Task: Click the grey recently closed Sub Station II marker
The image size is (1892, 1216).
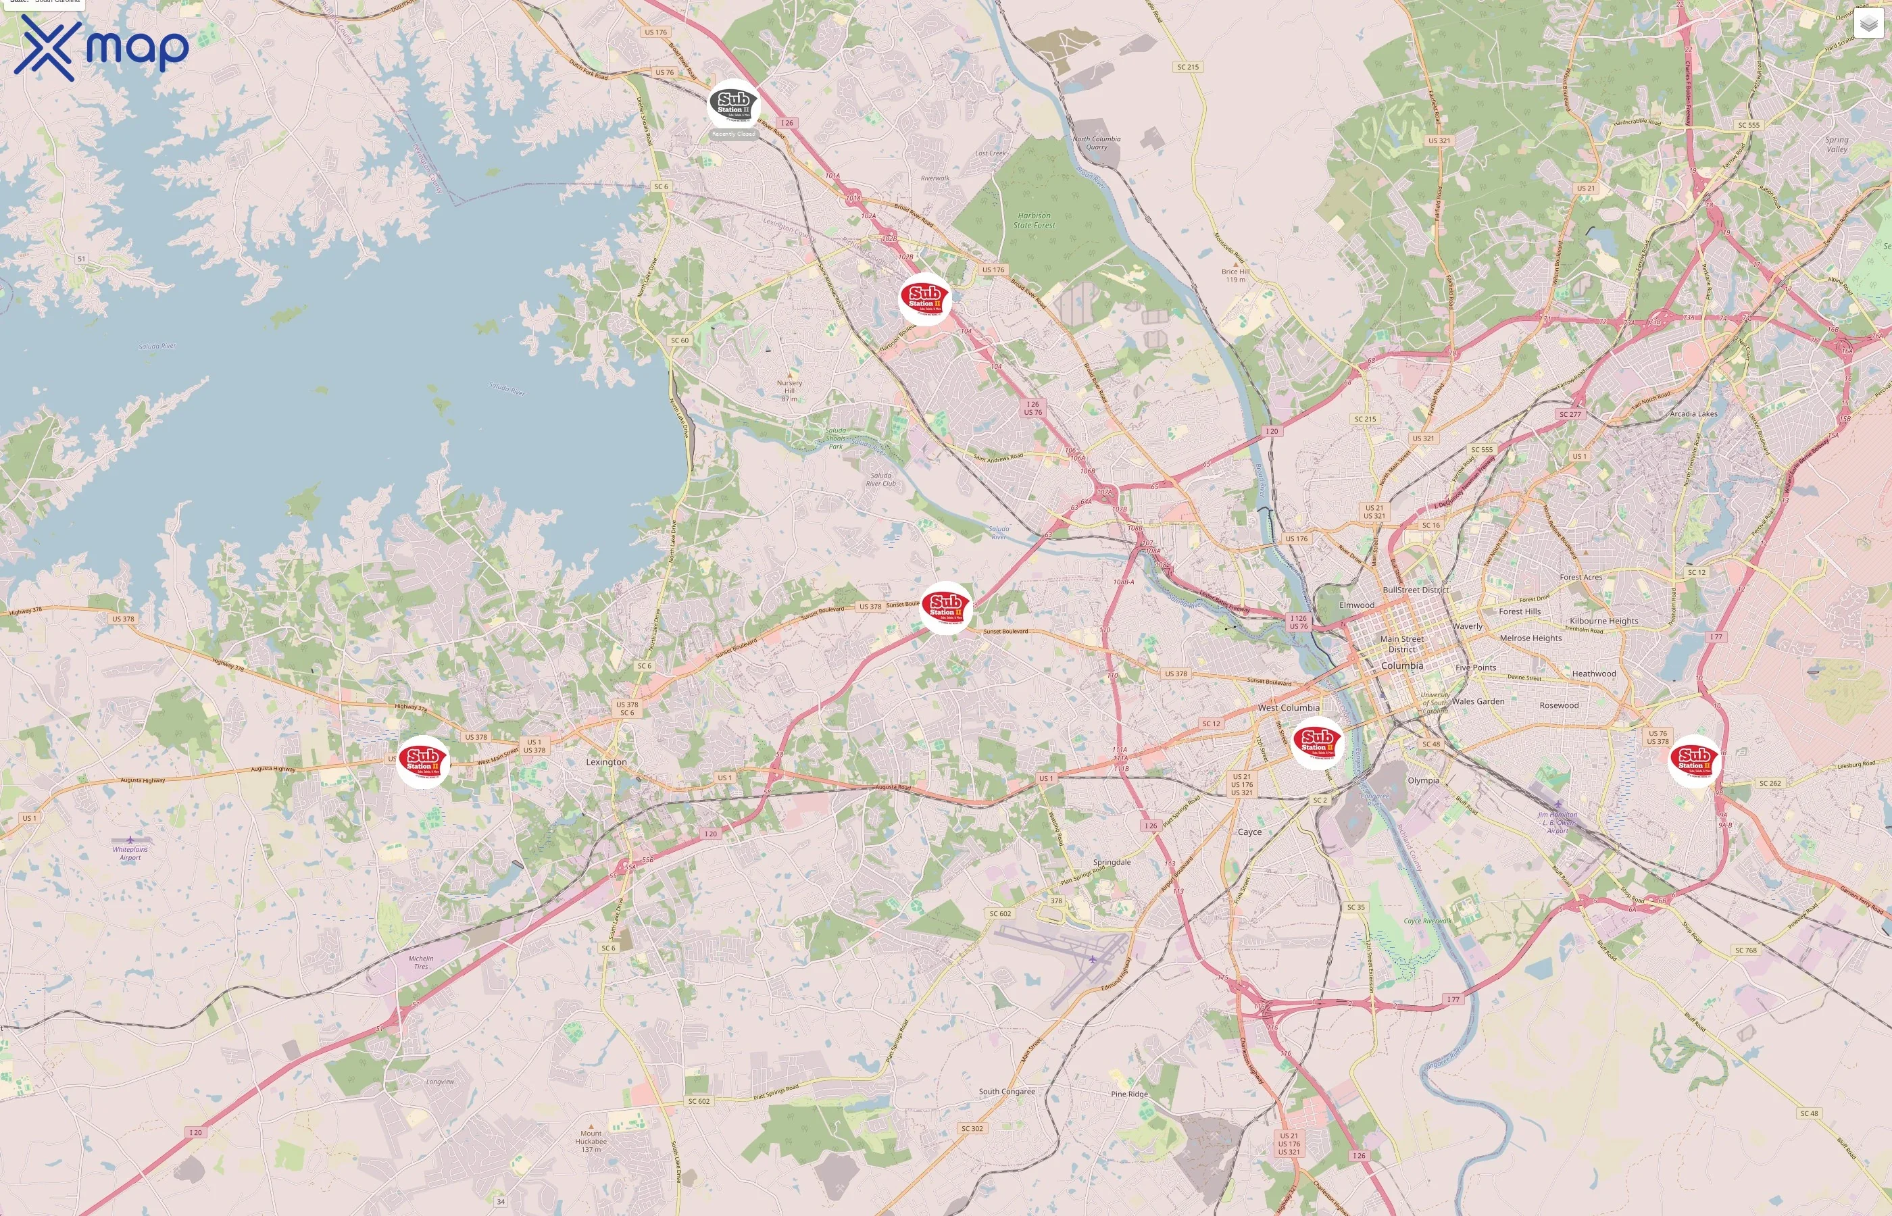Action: tap(732, 103)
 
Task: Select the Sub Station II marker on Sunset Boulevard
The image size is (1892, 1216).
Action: tap(945, 607)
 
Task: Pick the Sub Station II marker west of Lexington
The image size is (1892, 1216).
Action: tap(422, 761)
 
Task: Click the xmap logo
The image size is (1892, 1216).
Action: tap(101, 47)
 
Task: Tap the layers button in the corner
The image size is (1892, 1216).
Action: tap(1868, 24)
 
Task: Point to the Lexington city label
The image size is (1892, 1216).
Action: tap(606, 762)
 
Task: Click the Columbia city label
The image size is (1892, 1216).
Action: tap(1401, 665)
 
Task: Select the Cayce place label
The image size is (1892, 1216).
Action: tap(1249, 832)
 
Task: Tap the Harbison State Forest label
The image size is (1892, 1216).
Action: tap(1034, 220)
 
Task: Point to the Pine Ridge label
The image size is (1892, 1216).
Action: tap(1129, 1094)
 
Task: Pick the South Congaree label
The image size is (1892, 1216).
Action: tap(1007, 1091)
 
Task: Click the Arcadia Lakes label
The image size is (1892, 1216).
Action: tap(1693, 413)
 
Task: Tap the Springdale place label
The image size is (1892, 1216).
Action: tap(1112, 861)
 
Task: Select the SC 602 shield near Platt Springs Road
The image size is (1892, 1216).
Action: tap(999, 913)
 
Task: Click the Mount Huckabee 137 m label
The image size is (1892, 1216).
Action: tap(591, 1141)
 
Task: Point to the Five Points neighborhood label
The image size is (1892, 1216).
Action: tap(1475, 667)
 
